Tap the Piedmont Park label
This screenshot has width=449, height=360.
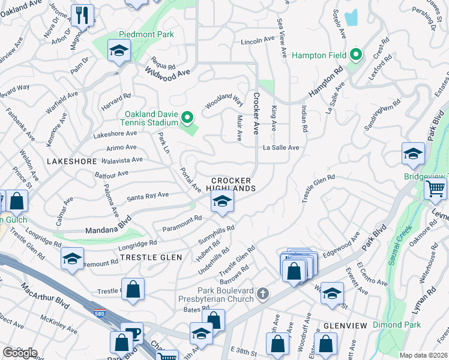146,34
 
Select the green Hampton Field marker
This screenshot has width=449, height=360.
356,56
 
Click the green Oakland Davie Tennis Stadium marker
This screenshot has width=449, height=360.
187,118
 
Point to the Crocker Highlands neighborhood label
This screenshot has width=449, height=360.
231,184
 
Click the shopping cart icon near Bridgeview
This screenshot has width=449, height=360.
435,188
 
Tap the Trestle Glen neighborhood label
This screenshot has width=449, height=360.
151,257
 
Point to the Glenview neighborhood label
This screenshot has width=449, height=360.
345,325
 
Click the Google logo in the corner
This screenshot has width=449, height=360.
19,352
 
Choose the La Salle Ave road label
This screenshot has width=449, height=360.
280,147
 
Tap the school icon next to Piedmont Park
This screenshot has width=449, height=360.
119,51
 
